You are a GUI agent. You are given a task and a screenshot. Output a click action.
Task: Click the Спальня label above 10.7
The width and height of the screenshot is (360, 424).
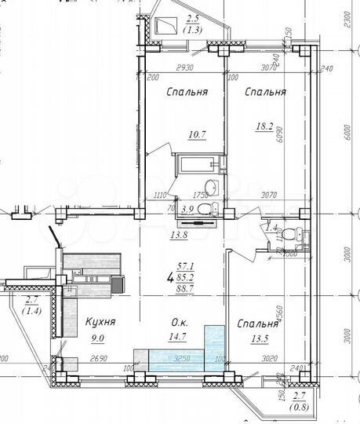[x=187, y=92]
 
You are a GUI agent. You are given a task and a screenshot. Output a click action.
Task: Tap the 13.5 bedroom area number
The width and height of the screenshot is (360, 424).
[x=260, y=340]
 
